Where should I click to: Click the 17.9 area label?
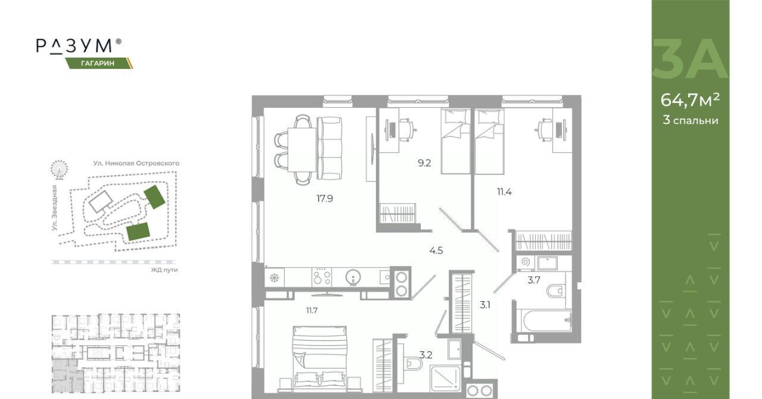tap(325, 198)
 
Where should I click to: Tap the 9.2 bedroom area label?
tap(424, 163)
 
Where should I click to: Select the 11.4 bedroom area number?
tap(504, 192)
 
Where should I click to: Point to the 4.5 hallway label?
tap(436, 251)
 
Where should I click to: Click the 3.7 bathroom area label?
tap(534, 280)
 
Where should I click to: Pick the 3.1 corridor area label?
tap(485, 305)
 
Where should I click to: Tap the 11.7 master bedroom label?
tap(311, 310)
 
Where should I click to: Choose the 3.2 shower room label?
tap(426, 356)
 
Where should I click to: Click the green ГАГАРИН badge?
tap(99, 63)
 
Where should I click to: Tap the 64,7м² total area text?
tap(690, 100)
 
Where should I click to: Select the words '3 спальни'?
tap(690, 120)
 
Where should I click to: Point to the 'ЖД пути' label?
tap(164, 270)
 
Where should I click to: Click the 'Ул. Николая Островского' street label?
tap(136, 163)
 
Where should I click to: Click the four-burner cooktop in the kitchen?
tap(321, 277)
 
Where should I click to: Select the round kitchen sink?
tap(354, 278)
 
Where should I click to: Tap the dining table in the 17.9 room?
tap(302, 150)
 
